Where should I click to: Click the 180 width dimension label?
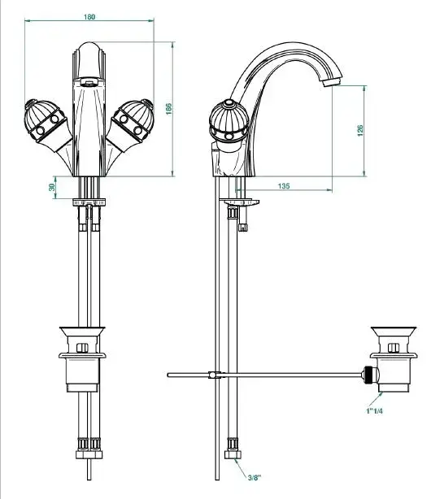89,16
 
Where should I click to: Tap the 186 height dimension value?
169,109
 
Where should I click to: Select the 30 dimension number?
52,187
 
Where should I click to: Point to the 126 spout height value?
360,131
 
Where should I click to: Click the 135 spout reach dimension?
284,186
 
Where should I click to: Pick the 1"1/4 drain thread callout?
374,411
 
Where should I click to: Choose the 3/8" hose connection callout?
255,477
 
